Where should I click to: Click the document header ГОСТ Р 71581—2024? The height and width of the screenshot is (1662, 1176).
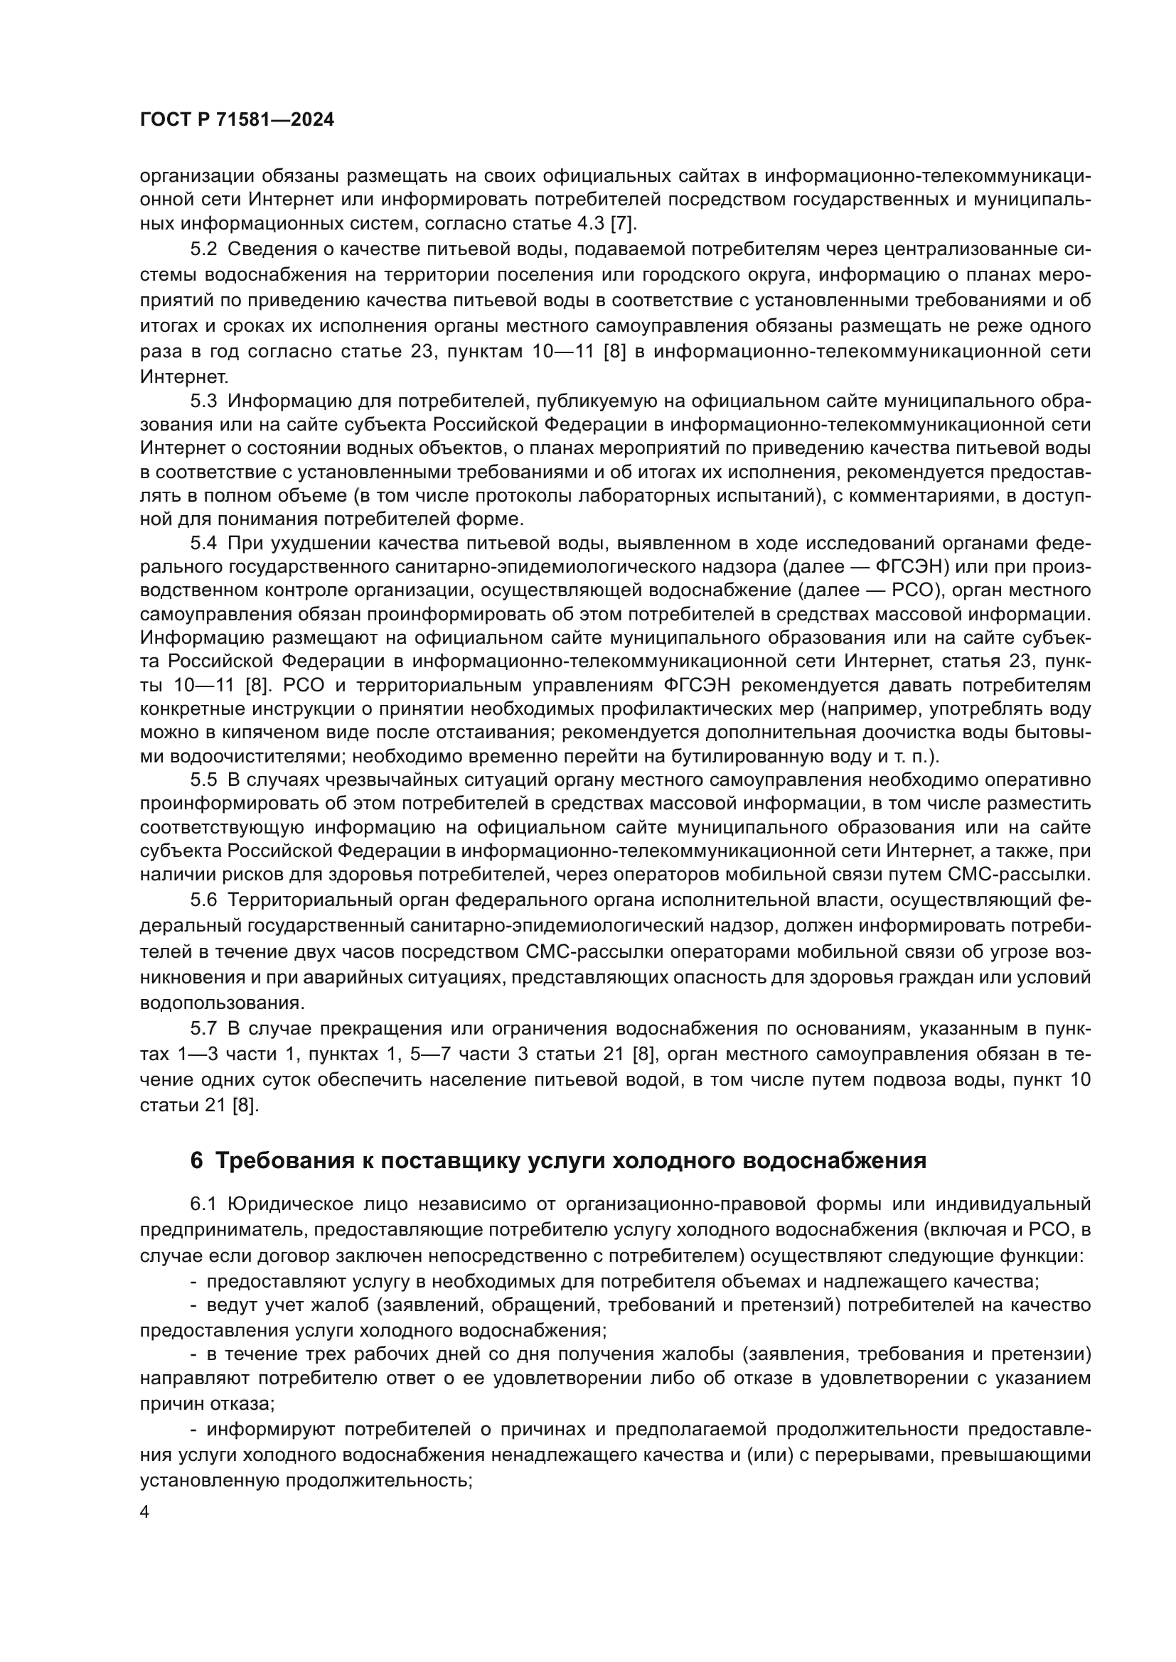click(237, 120)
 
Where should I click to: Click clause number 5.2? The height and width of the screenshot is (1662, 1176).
click(203, 249)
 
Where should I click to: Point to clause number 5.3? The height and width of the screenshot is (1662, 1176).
click(203, 401)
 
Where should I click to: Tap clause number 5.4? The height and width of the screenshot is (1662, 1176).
click(203, 544)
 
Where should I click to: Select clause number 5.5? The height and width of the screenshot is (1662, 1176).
click(203, 779)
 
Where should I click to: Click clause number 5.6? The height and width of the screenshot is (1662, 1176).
click(203, 900)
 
